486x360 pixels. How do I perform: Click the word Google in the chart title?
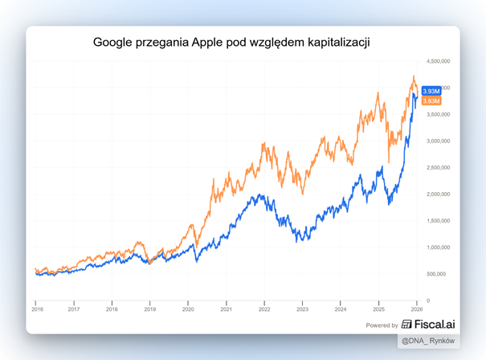[114, 42]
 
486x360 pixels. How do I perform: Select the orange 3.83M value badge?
[431, 101]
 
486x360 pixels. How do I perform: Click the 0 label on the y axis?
[428, 301]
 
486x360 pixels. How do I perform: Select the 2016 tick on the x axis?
[37, 309]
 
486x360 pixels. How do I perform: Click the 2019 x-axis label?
[149, 309]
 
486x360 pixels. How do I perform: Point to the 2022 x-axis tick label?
[263, 309]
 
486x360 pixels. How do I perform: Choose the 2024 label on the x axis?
[340, 309]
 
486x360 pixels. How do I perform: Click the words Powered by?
[382, 326]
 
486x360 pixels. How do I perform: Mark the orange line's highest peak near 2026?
[413, 76]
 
